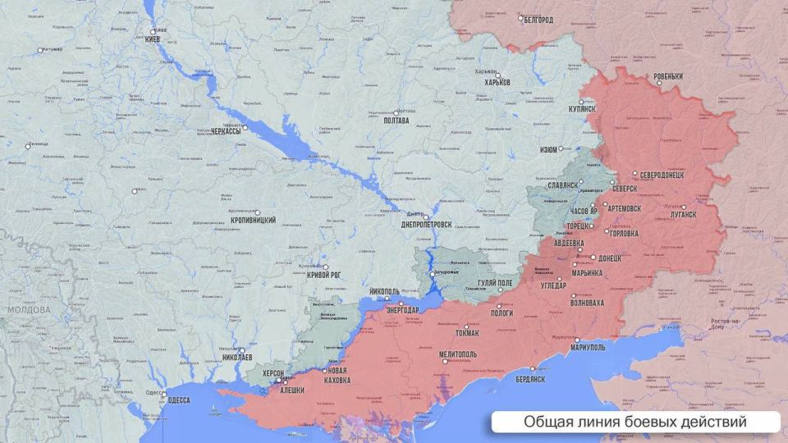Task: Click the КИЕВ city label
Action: click(x=156, y=40)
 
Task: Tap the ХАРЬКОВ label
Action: click(x=497, y=83)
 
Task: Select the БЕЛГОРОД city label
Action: click(x=538, y=19)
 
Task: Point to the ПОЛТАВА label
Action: click(x=396, y=121)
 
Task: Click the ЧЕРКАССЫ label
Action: click(x=226, y=131)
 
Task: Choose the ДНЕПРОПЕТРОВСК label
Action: click(x=426, y=225)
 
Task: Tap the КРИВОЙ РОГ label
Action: click(x=324, y=276)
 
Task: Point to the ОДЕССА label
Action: click(x=178, y=400)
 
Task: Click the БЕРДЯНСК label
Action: click(x=529, y=379)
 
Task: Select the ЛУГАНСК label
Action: click(x=683, y=212)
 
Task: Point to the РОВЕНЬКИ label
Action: click(x=668, y=77)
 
